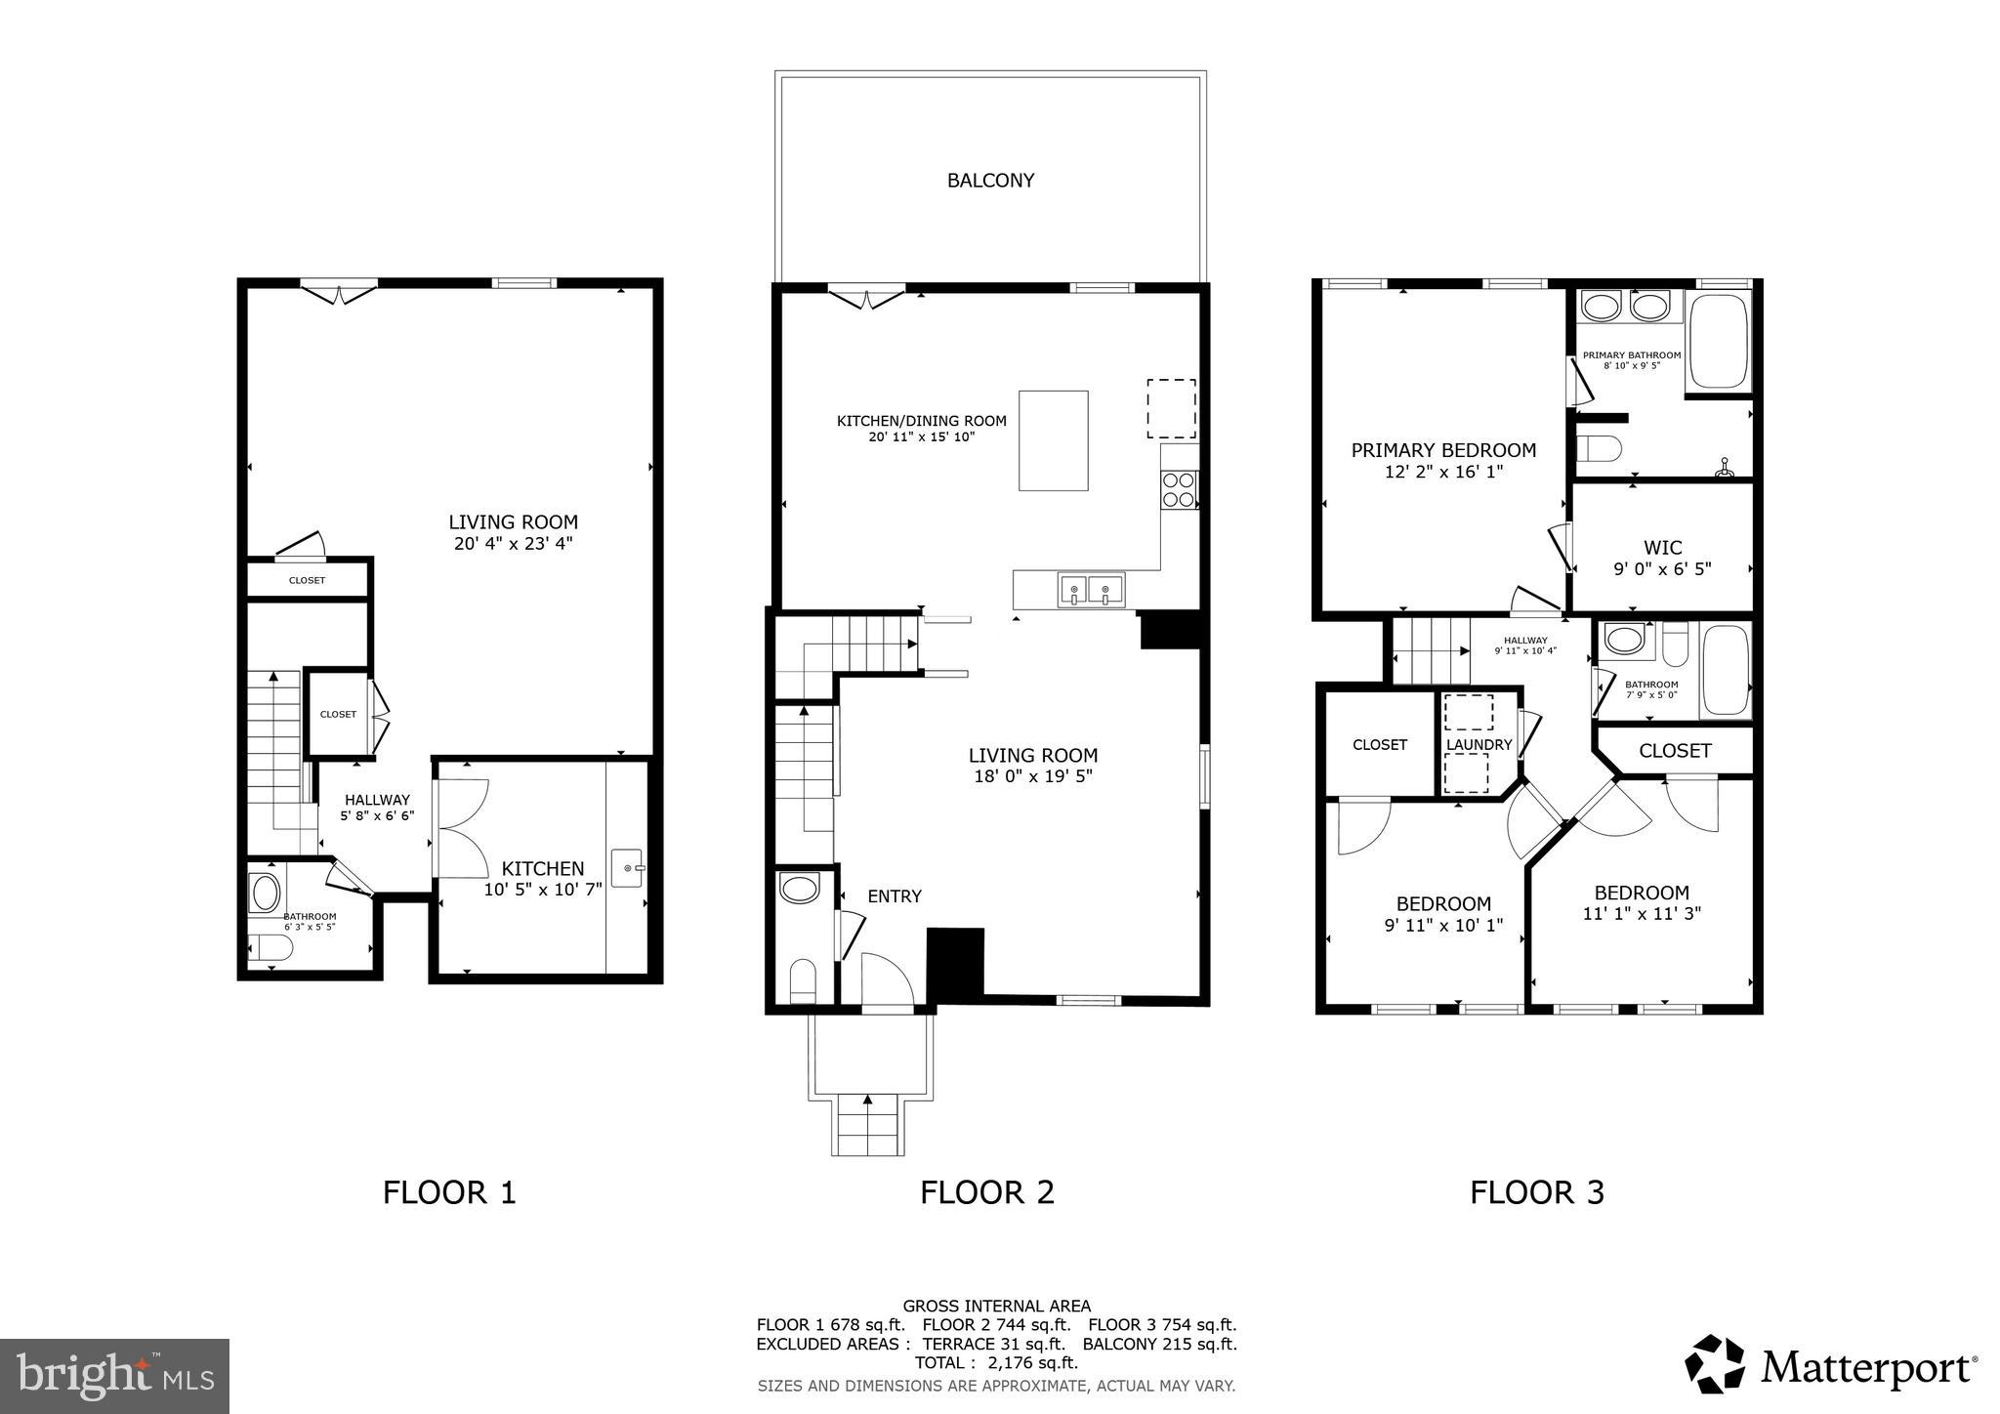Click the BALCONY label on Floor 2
click(x=989, y=181)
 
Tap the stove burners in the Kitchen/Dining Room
click(x=1179, y=489)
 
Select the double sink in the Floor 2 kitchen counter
click(x=1091, y=590)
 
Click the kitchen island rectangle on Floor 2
click(x=1053, y=440)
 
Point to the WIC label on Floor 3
click(x=1662, y=548)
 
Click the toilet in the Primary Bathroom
click(x=1600, y=449)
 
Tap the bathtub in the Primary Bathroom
click(x=1718, y=343)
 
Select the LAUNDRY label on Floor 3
click(x=1479, y=745)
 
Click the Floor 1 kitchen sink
click(x=627, y=867)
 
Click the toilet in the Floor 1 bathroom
click(x=270, y=948)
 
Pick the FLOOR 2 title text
click(x=986, y=1192)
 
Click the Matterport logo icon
click(x=1714, y=1363)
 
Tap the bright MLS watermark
click(x=114, y=1376)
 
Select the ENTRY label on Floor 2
click(x=894, y=896)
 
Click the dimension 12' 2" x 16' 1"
click(x=1442, y=472)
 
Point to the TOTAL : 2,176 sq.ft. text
click(x=995, y=1362)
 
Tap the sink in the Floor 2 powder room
click(x=800, y=890)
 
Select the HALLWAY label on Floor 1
click(x=377, y=800)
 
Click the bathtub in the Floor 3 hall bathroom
click(x=1726, y=671)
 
